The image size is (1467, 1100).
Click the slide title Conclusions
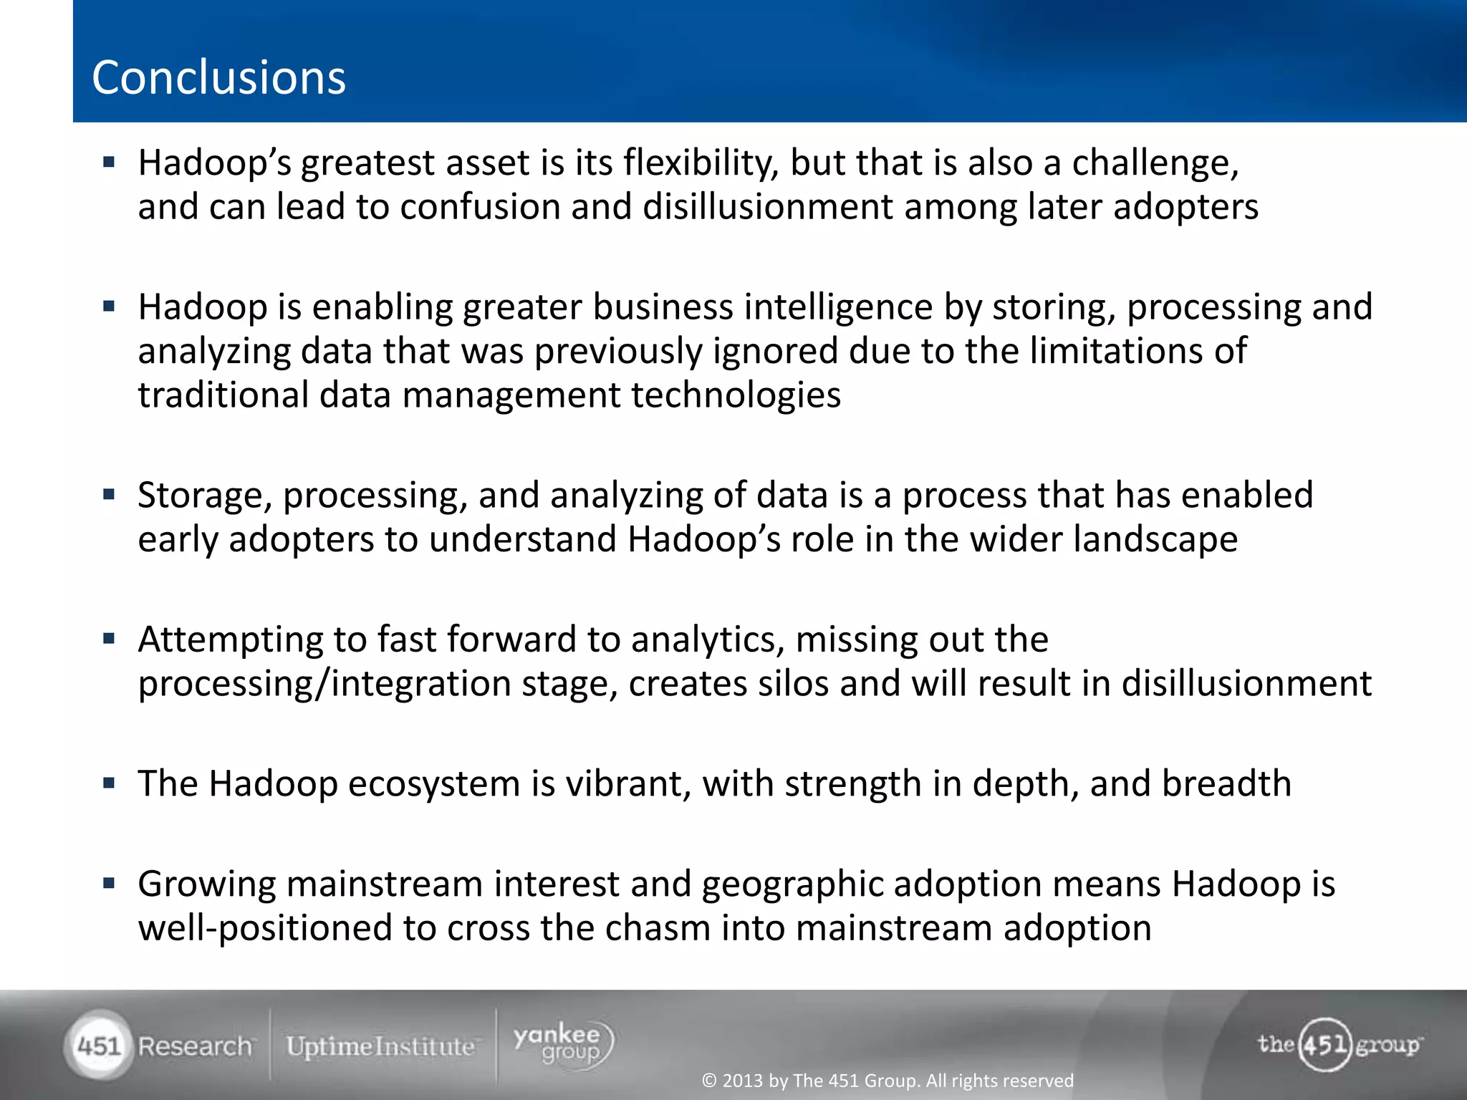point(218,77)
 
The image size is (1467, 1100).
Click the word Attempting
point(230,640)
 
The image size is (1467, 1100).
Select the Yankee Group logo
point(563,1044)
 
